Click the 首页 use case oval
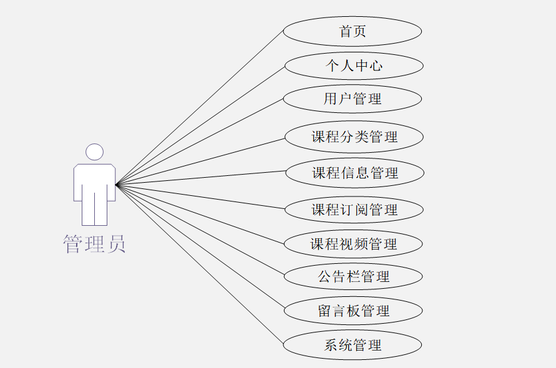(353, 31)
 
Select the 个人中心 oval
(354, 65)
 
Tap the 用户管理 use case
(353, 99)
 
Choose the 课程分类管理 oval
(354, 137)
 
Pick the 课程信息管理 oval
(354, 173)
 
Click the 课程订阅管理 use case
(354, 210)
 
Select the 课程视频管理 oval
(353, 244)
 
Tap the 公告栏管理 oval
(353, 276)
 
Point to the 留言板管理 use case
(353, 311)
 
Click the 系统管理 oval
(353, 345)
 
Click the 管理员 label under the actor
(94, 244)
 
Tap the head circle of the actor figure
(94, 152)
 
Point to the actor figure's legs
(94, 209)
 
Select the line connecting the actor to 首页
(200, 107)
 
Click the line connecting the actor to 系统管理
(200, 264)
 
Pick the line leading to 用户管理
(200, 142)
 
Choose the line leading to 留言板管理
(200, 248)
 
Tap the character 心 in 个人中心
(375, 65)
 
